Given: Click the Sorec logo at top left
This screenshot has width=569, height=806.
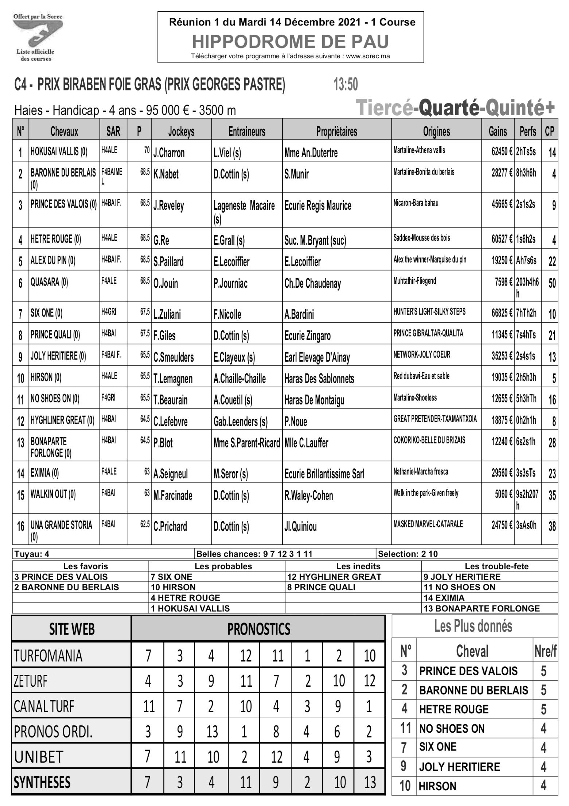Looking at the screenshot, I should [x=36, y=37].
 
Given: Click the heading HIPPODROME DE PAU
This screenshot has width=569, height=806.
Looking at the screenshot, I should [x=290, y=42].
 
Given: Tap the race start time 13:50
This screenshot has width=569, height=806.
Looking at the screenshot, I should [x=346, y=85].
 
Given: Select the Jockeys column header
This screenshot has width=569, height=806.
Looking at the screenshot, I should [x=181, y=132].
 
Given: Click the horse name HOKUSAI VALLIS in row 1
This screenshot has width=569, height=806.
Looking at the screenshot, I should [x=58, y=152].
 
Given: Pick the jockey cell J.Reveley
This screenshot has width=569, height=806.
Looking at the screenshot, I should [x=168, y=206].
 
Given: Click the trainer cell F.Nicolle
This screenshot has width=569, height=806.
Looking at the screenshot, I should [x=227, y=314].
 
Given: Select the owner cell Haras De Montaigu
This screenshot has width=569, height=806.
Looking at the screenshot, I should [x=314, y=400].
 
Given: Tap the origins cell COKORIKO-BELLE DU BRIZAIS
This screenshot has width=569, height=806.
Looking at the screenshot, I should [x=429, y=441].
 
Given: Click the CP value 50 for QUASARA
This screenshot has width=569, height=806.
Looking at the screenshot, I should [x=552, y=283].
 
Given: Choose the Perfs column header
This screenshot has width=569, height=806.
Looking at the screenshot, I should [x=527, y=132].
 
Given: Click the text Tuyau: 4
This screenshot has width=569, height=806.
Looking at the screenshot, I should [x=32, y=554].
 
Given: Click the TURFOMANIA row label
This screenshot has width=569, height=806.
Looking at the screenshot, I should [x=48, y=656].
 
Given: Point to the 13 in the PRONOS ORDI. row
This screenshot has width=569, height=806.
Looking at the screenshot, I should [x=212, y=732].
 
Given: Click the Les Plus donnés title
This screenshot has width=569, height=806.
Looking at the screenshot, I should [x=473, y=626].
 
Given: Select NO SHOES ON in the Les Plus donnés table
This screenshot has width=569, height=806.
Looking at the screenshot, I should [x=452, y=729].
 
